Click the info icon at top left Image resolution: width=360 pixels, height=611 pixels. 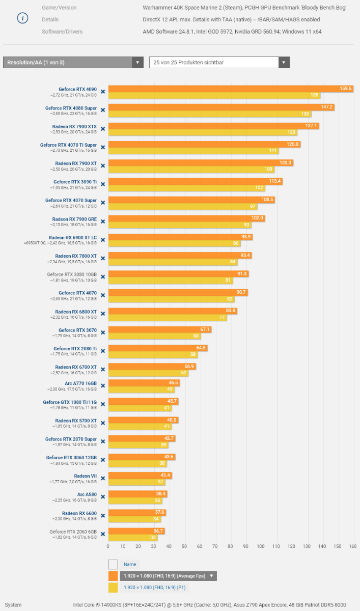pyautogui.click(x=22, y=18)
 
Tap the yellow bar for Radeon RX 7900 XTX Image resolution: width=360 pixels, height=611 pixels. pyautogui.click(x=203, y=132)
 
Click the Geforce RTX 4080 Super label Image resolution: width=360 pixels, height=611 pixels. pyautogui.click(x=71, y=108)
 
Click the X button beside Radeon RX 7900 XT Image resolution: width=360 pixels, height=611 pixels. pyautogui.click(x=102, y=166)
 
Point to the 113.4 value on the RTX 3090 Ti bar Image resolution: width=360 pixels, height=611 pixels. pyautogui.click(x=275, y=181)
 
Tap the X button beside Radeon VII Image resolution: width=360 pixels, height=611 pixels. pyautogui.click(x=102, y=479)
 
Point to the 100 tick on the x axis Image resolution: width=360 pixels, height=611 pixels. pyautogui.click(x=261, y=546)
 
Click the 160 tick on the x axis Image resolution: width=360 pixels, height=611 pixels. pyautogui.click(x=352, y=546)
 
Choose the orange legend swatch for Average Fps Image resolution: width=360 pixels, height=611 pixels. pyautogui.click(x=113, y=576)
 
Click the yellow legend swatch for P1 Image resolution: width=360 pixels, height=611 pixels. pyautogui.click(x=113, y=588)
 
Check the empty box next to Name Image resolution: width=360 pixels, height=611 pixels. pyautogui.click(x=113, y=564)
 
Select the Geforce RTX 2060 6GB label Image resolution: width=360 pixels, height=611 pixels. pyautogui.click(x=73, y=532)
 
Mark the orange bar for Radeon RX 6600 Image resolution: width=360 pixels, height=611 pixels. pyautogui.click(x=137, y=512)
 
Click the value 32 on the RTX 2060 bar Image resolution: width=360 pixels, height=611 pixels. pyautogui.click(x=153, y=537)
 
